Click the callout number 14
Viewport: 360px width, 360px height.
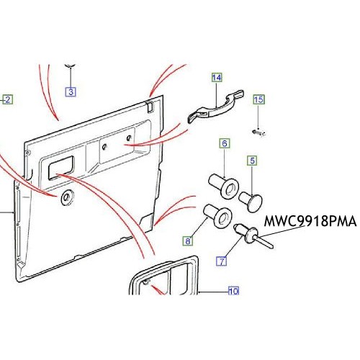(x=217, y=78)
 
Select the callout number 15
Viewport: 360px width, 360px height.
(x=258, y=99)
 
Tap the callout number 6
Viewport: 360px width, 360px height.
(x=225, y=143)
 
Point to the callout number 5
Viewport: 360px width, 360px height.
(x=252, y=161)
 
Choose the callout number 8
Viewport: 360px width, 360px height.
(x=188, y=240)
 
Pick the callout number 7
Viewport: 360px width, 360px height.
(x=222, y=261)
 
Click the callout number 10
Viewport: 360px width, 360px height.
(x=233, y=291)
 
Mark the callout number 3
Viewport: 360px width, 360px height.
(x=71, y=91)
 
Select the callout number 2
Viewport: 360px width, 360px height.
(x=7, y=99)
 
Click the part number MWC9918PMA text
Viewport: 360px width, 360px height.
(x=310, y=221)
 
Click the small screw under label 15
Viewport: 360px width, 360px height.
(x=258, y=132)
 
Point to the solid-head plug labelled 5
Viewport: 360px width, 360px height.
(x=251, y=202)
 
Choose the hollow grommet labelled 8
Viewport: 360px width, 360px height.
(x=217, y=216)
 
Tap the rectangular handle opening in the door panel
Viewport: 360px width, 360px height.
(x=61, y=168)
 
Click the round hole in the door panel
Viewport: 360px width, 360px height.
(x=67, y=197)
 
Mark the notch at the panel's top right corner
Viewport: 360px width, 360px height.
(x=150, y=107)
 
